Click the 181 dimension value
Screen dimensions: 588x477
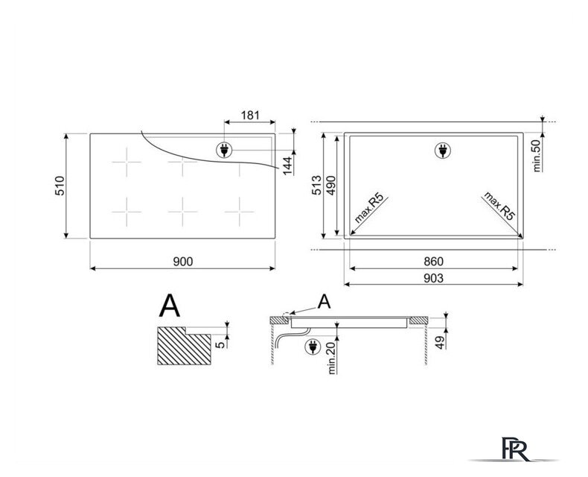click(250, 115)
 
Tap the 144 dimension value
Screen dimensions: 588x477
click(287, 165)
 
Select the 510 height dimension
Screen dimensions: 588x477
click(60, 186)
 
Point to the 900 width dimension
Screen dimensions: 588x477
click(183, 262)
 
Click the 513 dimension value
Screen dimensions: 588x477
click(317, 185)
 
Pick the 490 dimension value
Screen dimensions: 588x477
click(331, 185)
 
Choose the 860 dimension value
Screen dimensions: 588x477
click(433, 261)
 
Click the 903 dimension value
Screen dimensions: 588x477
click(433, 278)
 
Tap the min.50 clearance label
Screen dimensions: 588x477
click(537, 156)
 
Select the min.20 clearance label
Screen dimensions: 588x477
click(332, 358)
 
